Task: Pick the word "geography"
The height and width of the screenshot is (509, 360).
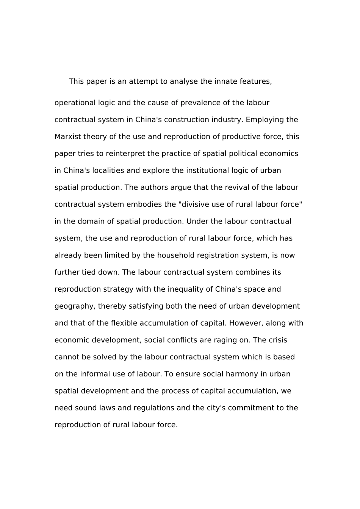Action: tap(74, 306)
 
